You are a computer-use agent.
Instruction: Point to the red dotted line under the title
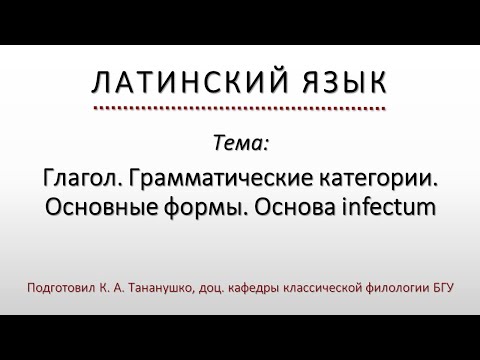[240, 106]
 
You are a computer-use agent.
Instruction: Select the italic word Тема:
[240, 143]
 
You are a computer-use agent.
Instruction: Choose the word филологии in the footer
[408, 288]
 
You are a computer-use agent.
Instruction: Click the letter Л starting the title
[100, 83]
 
